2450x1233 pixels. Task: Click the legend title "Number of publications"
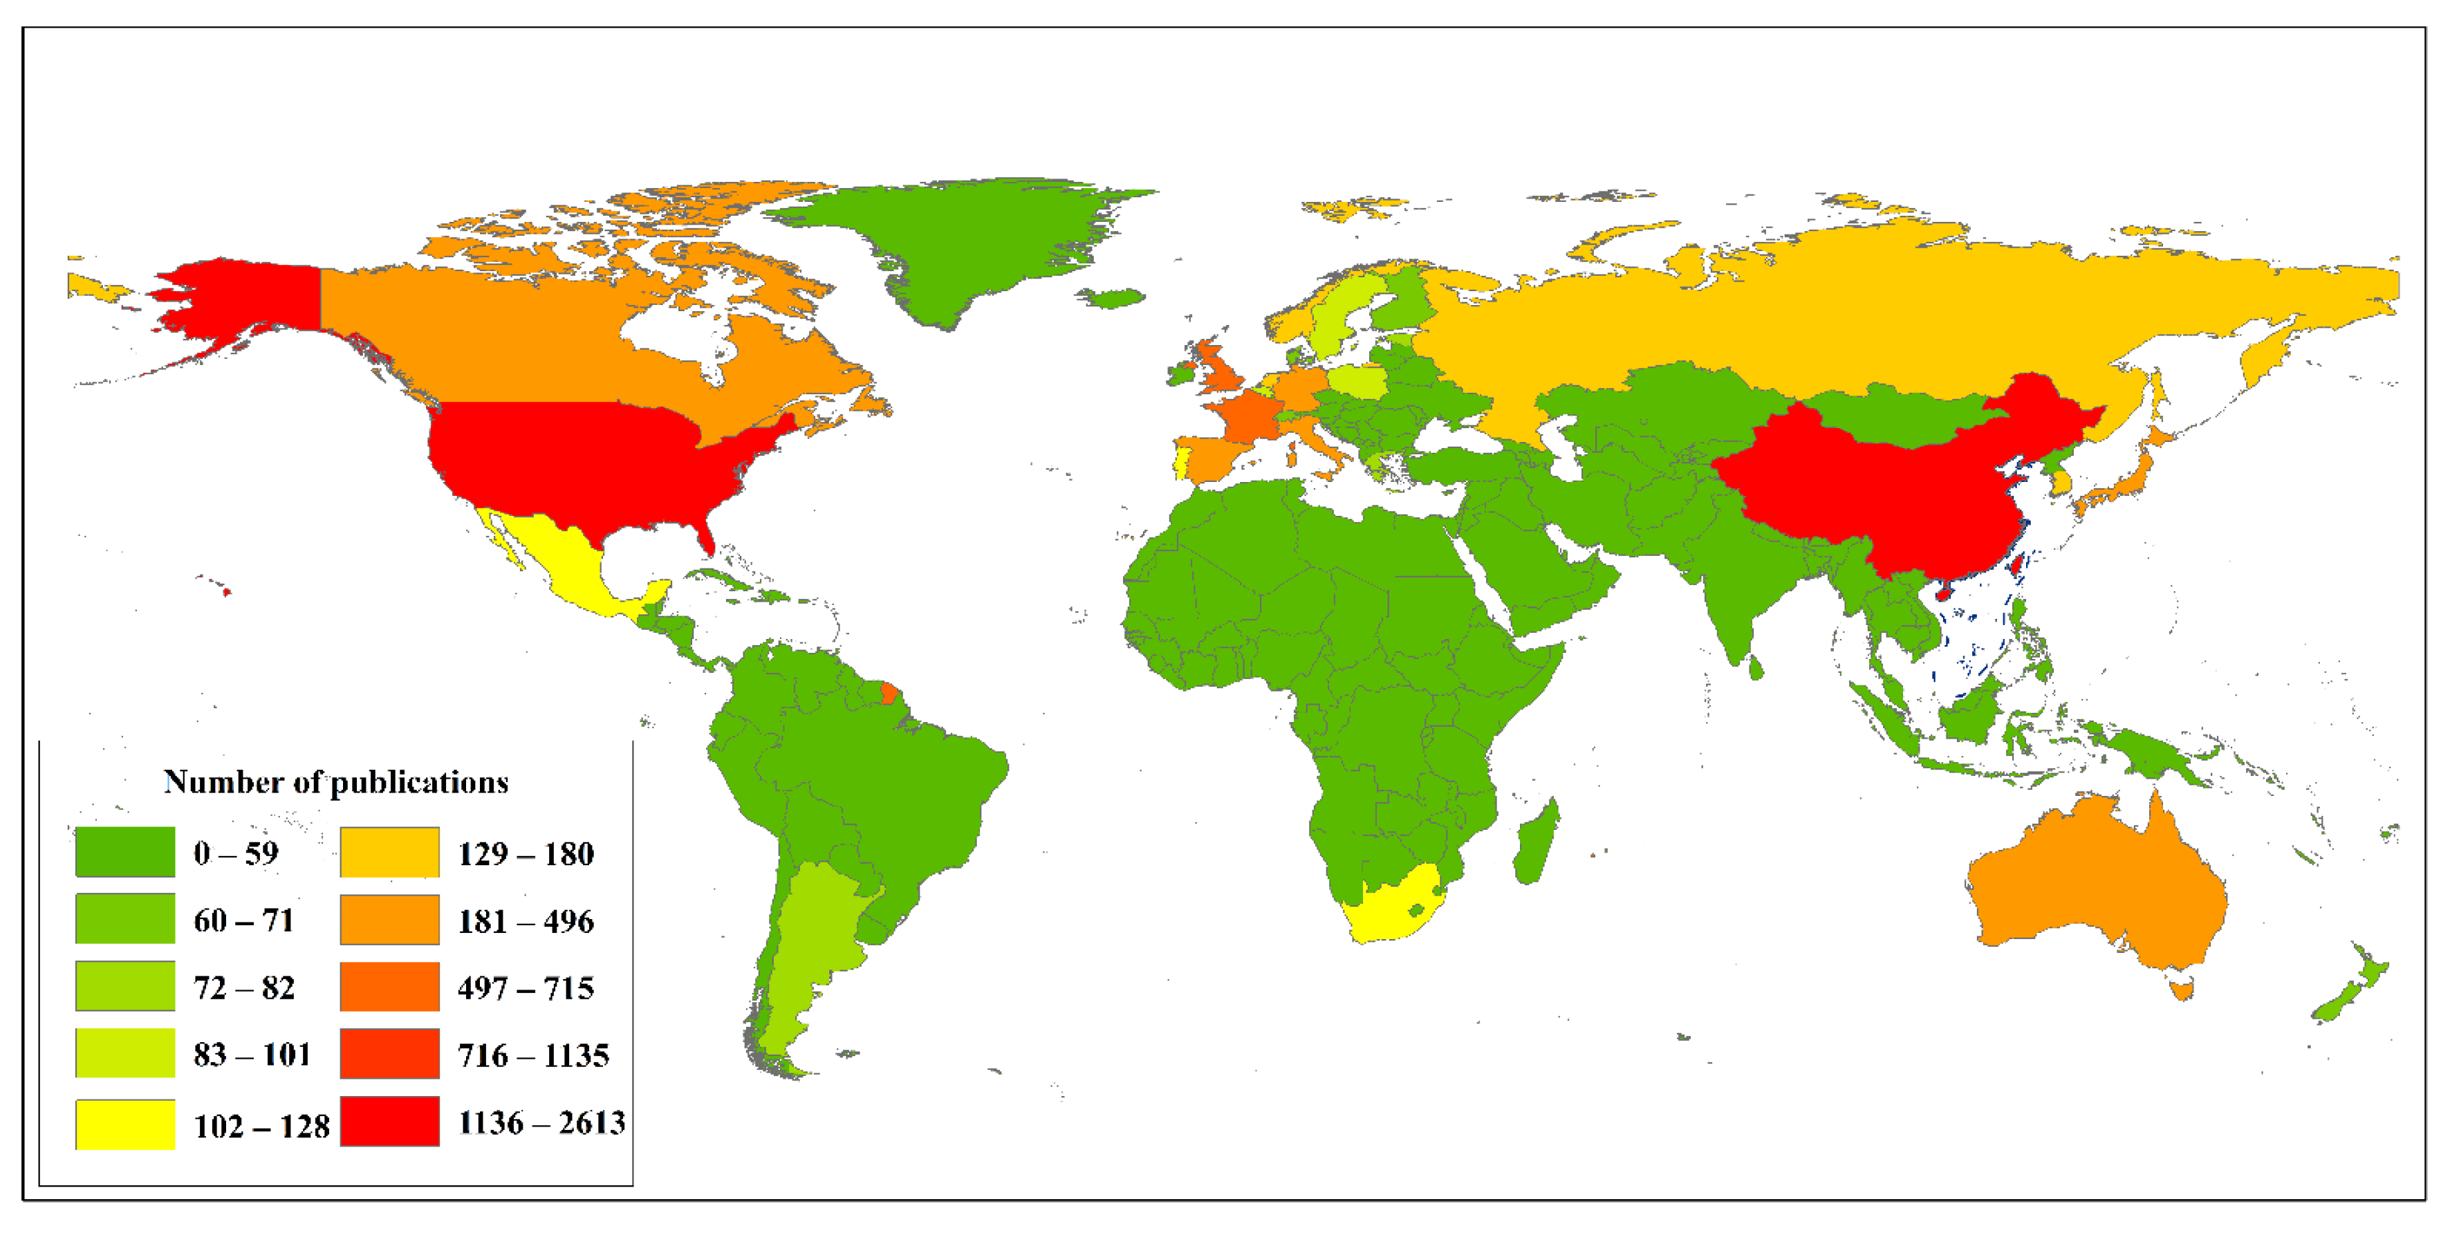click(336, 782)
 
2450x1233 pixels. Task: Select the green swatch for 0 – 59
click(124, 851)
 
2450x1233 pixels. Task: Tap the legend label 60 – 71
click(243, 920)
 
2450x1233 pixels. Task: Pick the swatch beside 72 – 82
click(124, 985)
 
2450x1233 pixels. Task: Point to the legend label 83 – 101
click(252, 1054)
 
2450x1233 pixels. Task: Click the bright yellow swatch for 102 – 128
click(124, 1124)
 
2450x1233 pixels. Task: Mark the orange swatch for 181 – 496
click(390, 920)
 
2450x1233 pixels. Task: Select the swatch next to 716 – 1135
click(390, 1054)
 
